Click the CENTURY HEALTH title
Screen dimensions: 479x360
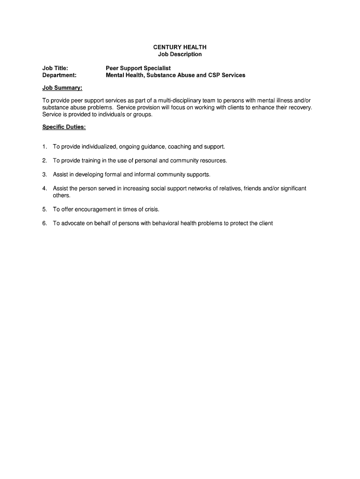point(180,47)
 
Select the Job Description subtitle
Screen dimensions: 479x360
point(180,54)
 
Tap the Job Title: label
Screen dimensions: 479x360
point(55,68)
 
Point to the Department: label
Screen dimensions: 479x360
point(59,75)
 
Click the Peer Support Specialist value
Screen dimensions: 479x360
point(138,68)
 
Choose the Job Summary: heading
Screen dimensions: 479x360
point(62,88)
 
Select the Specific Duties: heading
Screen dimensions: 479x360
point(64,127)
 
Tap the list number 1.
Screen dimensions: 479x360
point(44,146)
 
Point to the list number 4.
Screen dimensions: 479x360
point(44,189)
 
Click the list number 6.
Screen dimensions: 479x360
point(44,224)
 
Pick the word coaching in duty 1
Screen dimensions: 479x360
point(179,146)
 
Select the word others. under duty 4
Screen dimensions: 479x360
point(62,196)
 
